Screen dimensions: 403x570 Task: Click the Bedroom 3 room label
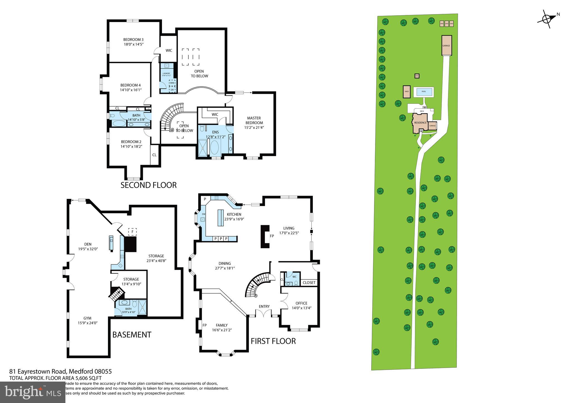pyautogui.click(x=133, y=40)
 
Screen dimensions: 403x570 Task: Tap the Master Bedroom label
pyautogui.click(x=254, y=120)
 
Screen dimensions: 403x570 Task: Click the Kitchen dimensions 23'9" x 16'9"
pyautogui.click(x=234, y=219)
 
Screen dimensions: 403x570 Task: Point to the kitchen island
pyautogui.click(x=221, y=219)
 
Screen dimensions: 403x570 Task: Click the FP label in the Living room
pyautogui.click(x=272, y=236)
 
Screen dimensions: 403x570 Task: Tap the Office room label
pyautogui.click(x=301, y=303)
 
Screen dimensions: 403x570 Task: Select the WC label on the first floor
pyautogui.click(x=294, y=277)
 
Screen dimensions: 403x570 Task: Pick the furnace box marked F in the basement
pyautogui.click(x=132, y=231)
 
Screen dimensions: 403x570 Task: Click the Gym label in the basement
pyautogui.click(x=87, y=318)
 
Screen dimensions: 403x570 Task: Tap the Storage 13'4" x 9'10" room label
pyautogui.click(x=131, y=279)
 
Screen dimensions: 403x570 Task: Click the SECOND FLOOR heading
pyautogui.click(x=148, y=185)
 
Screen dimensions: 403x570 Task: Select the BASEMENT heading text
pyautogui.click(x=132, y=335)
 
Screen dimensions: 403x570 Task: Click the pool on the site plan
pyautogui.click(x=424, y=92)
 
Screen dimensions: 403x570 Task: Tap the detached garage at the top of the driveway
pyautogui.click(x=446, y=45)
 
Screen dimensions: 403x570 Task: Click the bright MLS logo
pyautogui.click(x=33, y=392)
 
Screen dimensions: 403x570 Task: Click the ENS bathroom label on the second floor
pyautogui.click(x=215, y=132)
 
